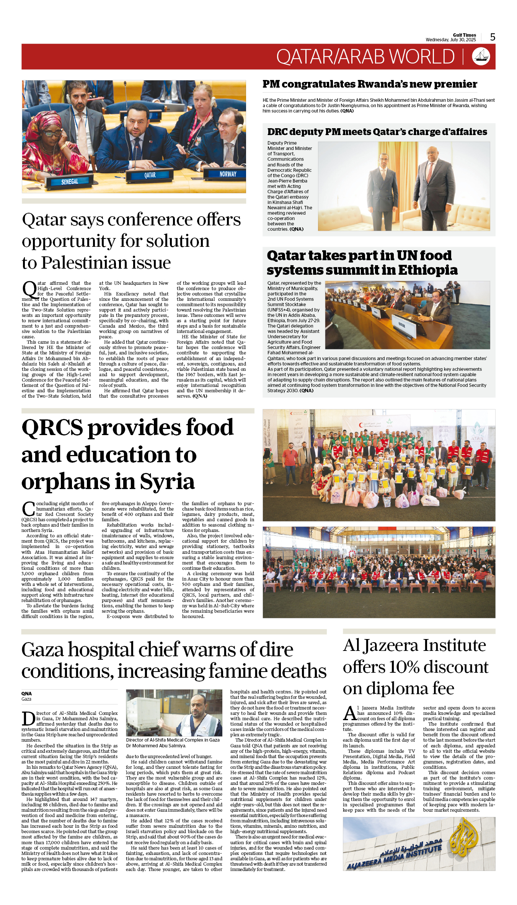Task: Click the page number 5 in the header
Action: tap(493, 37)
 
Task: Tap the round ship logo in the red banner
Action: tap(481, 56)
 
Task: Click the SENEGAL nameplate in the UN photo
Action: tap(69, 182)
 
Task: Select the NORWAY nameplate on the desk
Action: tap(228, 174)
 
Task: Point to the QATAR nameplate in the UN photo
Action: tap(150, 175)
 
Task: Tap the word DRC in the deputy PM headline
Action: tap(277, 132)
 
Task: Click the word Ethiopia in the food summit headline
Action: tap(427, 270)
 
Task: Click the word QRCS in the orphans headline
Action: tap(52, 428)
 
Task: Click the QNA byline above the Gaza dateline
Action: tap(26, 693)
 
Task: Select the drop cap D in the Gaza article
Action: tap(28, 719)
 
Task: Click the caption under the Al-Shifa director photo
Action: tap(173, 743)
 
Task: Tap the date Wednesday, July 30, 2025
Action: tap(450, 40)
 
